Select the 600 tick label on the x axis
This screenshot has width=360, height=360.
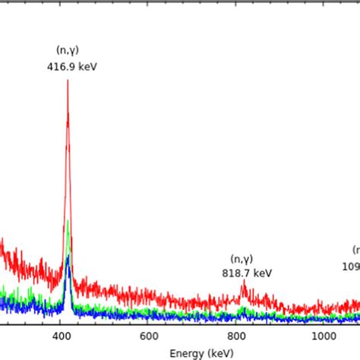coord(150,336)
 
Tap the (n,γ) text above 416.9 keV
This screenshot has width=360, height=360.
coord(68,50)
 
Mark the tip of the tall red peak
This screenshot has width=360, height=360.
coord(68,80)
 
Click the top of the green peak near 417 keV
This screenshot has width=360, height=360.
coord(68,221)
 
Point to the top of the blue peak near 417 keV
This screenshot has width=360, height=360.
coord(68,256)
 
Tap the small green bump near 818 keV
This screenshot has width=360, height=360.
coord(243,308)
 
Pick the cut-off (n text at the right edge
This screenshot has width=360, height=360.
coord(355,250)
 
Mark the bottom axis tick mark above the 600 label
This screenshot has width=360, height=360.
coord(150,324)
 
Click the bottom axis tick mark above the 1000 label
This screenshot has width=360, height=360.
coord(324,324)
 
